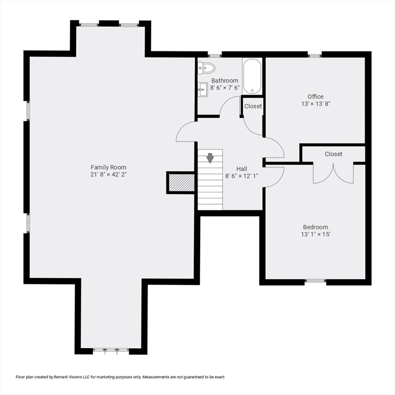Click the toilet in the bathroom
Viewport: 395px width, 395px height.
click(x=207, y=68)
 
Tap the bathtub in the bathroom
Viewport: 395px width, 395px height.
click(x=252, y=77)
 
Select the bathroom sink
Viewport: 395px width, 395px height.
click(x=203, y=89)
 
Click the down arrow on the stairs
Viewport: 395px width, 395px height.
click(x=210, y=158)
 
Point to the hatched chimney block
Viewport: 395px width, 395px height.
click(x=182, y=183)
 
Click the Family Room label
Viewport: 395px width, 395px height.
click(x=109, y=167)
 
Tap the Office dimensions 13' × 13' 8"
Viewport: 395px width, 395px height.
click(x=316, y=103)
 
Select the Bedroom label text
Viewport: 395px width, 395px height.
click(x=315, y=227)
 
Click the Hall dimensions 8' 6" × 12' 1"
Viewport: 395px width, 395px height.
click(x=242, y=176)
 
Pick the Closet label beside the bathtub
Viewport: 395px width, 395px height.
click(x=253, y=106)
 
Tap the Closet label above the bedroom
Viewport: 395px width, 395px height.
click(x=333, y=154)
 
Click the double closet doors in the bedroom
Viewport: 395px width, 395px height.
click(x=333, y=173)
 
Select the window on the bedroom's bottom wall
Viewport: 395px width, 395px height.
click(x=315, y=280)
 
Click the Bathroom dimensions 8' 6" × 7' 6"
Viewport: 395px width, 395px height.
click(x=225, y=87)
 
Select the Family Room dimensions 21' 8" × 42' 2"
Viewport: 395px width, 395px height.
click(x=109, y=174)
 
